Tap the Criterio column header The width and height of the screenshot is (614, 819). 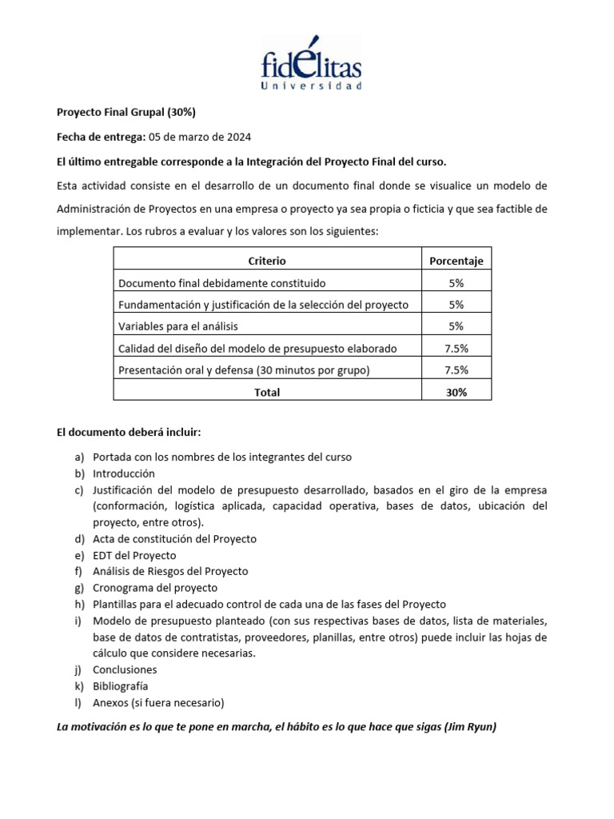(267, 261)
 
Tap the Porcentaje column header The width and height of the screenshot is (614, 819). (456, 261)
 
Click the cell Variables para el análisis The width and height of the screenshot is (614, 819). (178, 326)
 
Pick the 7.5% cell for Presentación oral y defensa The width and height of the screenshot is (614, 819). (456, 370)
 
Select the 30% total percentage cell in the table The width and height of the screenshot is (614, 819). (456, 392)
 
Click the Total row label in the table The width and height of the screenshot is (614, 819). (267, 392)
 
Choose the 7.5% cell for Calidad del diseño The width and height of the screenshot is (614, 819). (456, 348)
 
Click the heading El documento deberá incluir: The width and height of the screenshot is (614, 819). (129, 433)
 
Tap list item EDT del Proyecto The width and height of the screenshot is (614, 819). (134, 555)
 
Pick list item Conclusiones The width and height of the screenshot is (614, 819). (125, 670)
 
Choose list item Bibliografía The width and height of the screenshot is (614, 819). (120, 686)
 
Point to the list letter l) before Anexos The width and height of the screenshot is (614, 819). (78, 703)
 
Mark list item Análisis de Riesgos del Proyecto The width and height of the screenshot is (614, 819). (170, 571)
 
